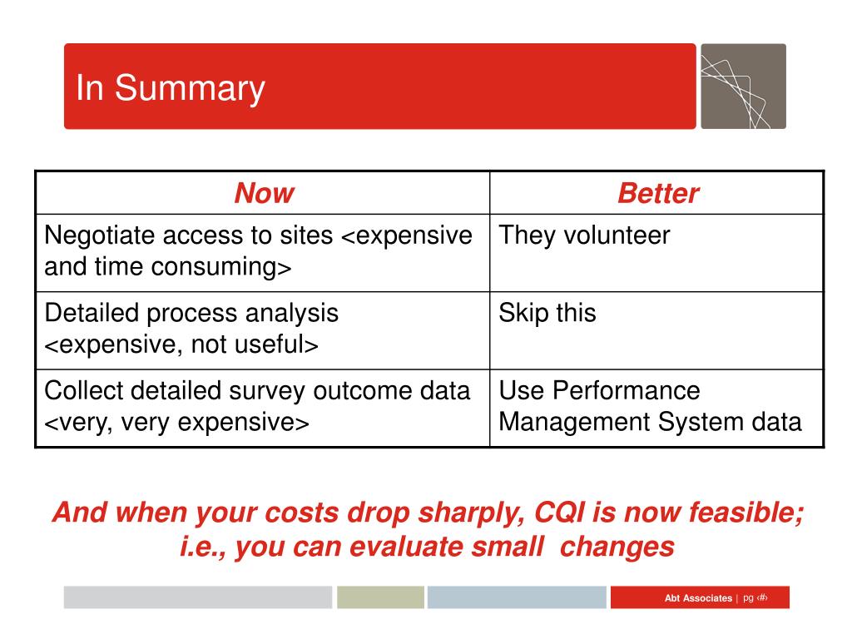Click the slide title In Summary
[x=171, y=88]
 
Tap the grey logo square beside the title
[x=743, y=87]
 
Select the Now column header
[x=265, y=193]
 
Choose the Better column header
[x=658, y=193]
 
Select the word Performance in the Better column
[x=626, y=391]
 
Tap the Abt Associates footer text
[x=698, y=598]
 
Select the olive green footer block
[x=380, y=597]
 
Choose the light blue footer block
[x=517, y=597]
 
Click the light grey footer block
[x=198, y=597]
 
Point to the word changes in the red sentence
[x=617, y=547]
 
